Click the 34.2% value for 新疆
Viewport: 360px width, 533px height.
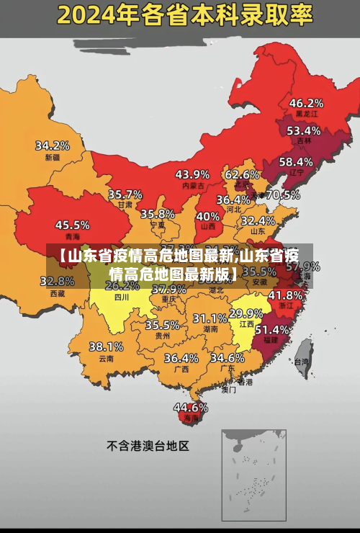click(53, 145)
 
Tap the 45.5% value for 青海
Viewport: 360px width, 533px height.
click(72, 225)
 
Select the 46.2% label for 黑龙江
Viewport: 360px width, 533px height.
click(306, 103)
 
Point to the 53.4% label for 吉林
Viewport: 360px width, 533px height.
click(303, 131)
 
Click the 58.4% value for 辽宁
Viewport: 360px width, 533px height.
click(296, 162)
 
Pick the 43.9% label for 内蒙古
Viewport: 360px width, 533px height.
click(192, 174)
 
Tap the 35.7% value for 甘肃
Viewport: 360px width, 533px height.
click(125, 194)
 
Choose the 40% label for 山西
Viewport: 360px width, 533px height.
click(208, 215)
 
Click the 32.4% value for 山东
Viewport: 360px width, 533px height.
click(258, 220)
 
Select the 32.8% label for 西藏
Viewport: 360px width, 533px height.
click(57, 282)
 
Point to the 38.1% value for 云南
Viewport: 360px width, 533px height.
click(106, 346)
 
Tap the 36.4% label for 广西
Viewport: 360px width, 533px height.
click(181, 358)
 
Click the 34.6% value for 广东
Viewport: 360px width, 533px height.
click(227, 358)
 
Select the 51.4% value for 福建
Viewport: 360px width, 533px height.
click(272, 329)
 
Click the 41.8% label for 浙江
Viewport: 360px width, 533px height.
click(285, 295)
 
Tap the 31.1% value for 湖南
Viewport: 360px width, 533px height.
click(210, 318)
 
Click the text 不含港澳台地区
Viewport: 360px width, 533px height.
click(148, 446)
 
